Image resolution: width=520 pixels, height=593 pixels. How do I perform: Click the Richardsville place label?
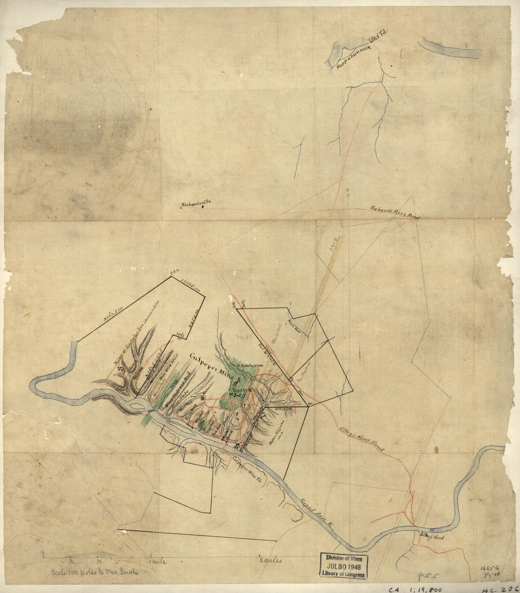[196, 203]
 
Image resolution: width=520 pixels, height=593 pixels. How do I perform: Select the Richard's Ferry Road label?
[395, 212]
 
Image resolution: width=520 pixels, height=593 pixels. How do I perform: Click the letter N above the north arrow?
[347, 191]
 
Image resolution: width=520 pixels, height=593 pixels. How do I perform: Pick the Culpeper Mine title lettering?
[212, 364]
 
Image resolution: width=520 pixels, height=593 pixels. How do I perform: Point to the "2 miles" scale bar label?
[270, 561]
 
